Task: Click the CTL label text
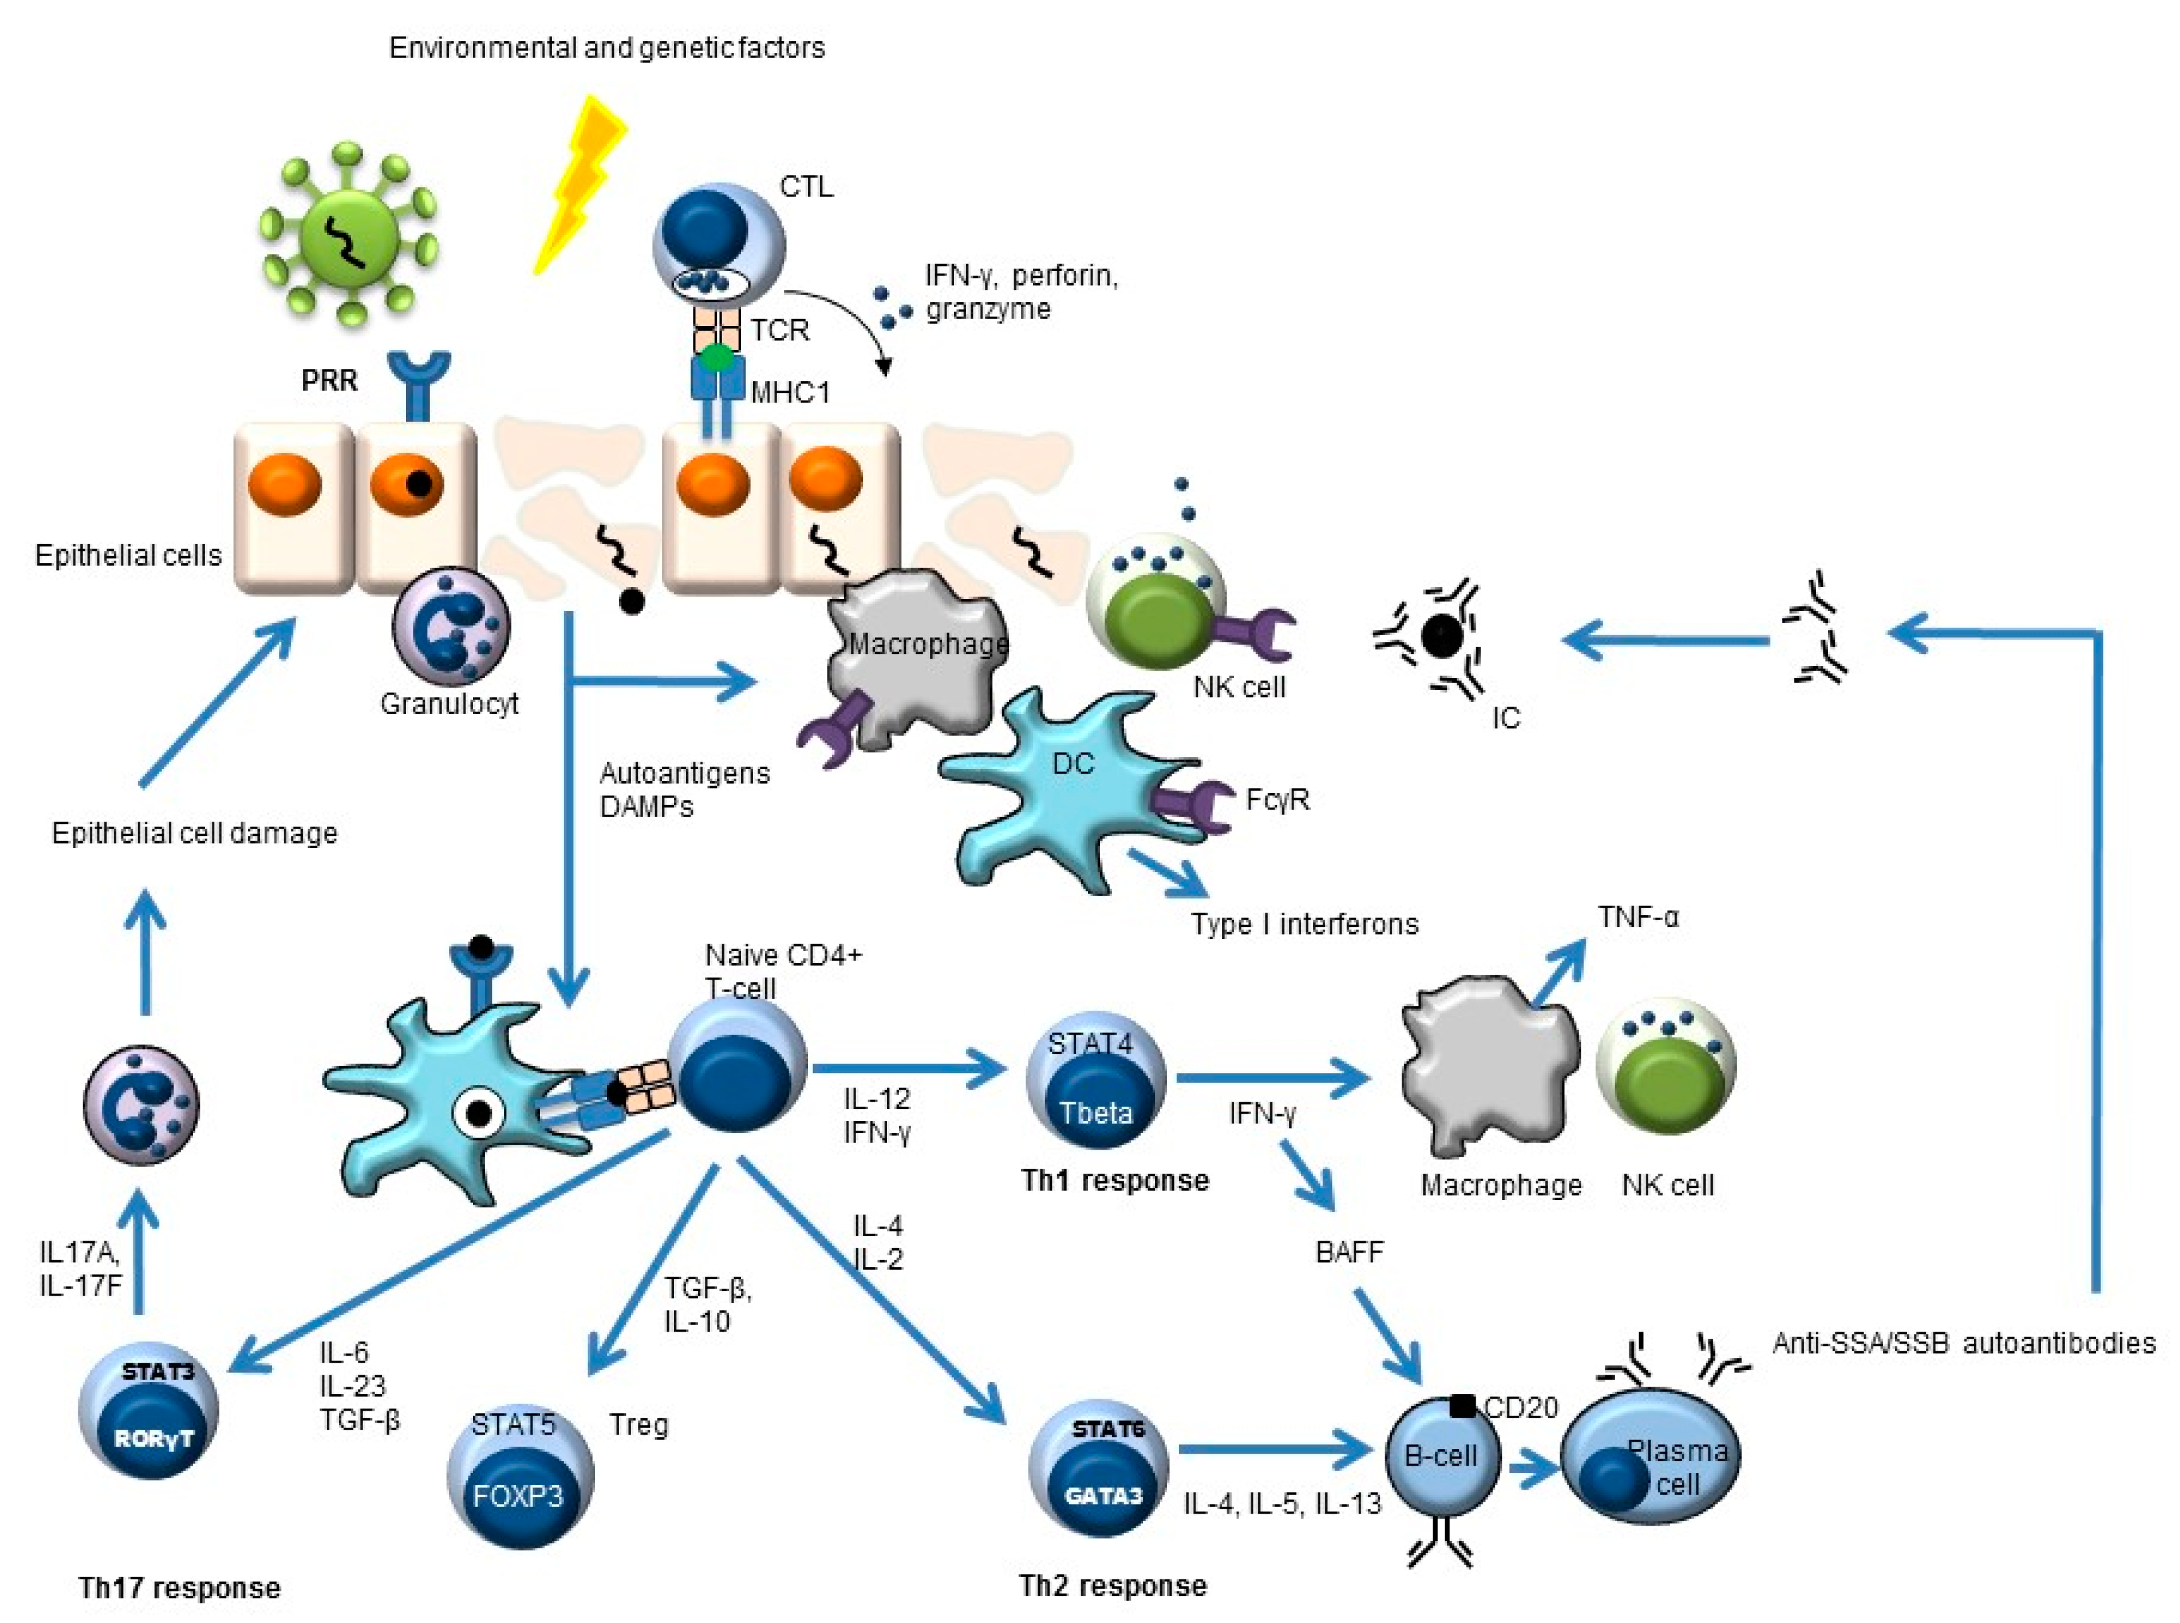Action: pyautogui.click(x=806, y=186)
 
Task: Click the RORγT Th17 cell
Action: pyautogui.click(x=149, y=1414)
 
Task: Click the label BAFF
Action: pyautogui.click(x=1349, y=1253)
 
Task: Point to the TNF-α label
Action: pyautogui.click(x=1638, y=918)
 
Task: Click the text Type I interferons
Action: pyautogui.click(x=1304, y=925)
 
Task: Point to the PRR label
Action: pyautogui.click(x=329, y=380)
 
